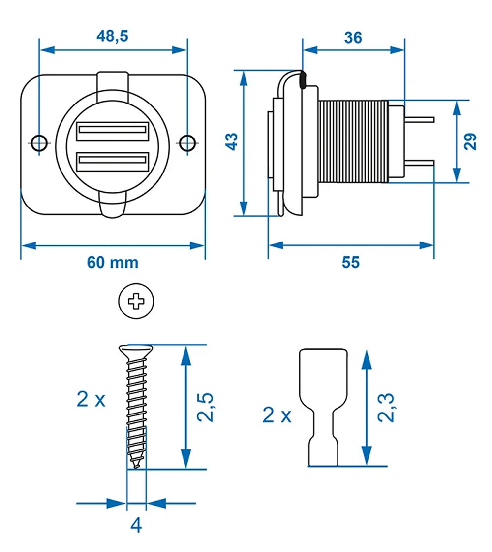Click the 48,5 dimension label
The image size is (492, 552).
click(113, 37)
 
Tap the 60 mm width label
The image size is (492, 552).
click(113, 262)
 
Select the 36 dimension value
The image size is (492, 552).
click(353, 37)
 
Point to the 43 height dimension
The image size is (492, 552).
click(232, 141)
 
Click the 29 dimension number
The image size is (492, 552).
click(471, 141)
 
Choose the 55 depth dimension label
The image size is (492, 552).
click(351, 262)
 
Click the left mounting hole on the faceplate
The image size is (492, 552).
click(39, 142)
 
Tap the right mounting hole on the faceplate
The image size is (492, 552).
click(186, 142)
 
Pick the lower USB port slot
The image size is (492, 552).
click(113, 161)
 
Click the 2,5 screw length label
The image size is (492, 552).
click(205, 407)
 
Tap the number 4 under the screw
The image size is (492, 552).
click(136, 525)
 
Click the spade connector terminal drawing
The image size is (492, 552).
click(323, 407)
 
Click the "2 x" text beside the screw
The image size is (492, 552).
click(91, 399)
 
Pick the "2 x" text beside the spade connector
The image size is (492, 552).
click(277, 415)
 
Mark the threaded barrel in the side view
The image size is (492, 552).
click(353, 141)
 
